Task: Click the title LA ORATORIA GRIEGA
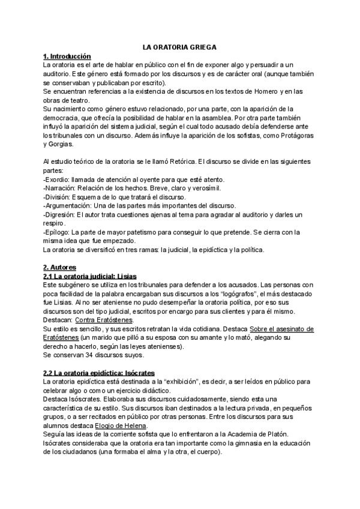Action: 179,46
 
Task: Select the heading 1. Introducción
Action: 67,56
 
